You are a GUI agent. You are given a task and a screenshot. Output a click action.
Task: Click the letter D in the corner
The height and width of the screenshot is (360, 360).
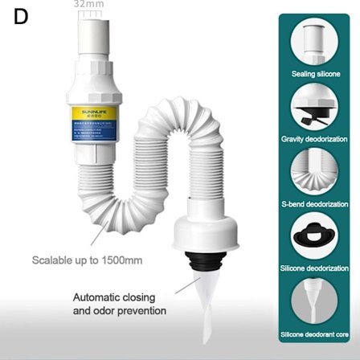20,18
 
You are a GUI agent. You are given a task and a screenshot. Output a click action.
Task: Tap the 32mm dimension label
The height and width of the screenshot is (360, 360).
88,4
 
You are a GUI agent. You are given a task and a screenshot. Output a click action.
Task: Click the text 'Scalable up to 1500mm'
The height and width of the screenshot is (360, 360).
87,260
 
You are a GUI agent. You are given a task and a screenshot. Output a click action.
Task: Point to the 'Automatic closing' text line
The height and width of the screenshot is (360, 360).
114,297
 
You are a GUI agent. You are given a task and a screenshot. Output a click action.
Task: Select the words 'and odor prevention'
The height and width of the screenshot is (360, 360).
120,311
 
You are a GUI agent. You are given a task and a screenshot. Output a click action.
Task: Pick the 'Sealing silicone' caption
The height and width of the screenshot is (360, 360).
315,74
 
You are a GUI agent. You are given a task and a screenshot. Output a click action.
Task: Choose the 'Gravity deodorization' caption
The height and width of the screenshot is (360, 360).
315,139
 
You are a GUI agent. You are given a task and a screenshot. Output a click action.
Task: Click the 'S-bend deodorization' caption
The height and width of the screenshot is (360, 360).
315,204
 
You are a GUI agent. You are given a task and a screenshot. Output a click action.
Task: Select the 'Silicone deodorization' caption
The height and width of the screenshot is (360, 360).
315,268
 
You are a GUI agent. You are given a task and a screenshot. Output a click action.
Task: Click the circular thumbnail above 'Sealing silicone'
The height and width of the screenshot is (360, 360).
315,42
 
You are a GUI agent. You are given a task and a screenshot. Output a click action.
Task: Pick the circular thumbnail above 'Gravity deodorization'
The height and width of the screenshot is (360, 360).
315,107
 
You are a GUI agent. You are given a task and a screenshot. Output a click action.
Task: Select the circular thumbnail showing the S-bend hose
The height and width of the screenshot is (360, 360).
315,172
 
